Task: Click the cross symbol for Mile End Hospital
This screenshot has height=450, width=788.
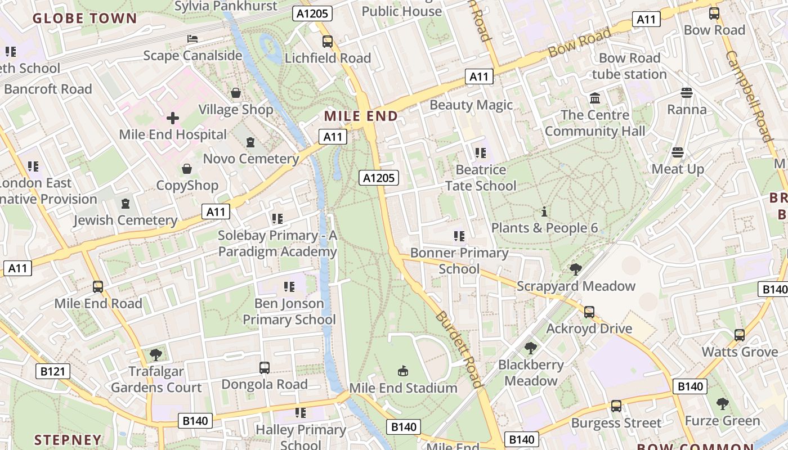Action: [x=173, y=118]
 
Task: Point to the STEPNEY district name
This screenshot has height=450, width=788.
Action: [x=68, y=440]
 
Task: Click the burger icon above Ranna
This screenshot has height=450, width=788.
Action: [x=686, y=93]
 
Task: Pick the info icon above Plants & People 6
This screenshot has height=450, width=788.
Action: [x=544, y=212]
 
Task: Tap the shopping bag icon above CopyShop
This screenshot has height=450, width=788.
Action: [x=187, y=169]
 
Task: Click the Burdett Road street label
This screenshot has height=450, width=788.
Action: [x=459, y=349]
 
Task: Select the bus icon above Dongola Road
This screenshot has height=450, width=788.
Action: [x=264, y=368]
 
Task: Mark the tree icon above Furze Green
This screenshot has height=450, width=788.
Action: [x=722, y=404]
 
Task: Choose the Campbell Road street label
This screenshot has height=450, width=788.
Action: [x=749, y=96]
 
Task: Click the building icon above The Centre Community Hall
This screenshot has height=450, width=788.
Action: [x=595, y=98]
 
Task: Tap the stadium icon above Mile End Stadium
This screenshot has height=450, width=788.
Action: [x=403, y=371]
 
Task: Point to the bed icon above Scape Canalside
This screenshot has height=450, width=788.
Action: [x=192, y=39]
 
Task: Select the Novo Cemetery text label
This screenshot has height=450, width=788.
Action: [x=251, y=159]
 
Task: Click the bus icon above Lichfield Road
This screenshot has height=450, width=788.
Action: [x=328, y=42]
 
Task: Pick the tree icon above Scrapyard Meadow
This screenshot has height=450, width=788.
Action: [x=575, y=269]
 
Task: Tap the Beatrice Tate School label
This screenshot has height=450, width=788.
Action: [x=481, y=178]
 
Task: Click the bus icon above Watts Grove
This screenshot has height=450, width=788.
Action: [x=740, y=335]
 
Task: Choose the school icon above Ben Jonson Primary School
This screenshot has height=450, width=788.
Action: [x=289, y=287]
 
